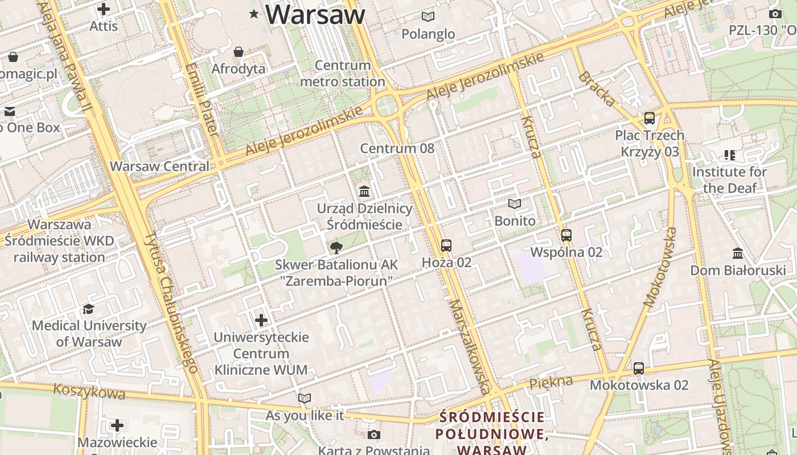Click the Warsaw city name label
[x=315, y=15]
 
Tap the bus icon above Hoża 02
[x=446, y=246]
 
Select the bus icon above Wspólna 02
[x=566, y=235]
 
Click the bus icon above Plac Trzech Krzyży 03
[x=649, y=118]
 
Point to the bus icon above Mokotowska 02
[x=639, y=369]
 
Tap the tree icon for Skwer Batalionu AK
[x=336, y=247]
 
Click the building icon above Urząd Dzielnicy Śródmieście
[x=364, y=191]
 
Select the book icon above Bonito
[x=515, y=204]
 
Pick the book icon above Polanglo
[x=428, y=17]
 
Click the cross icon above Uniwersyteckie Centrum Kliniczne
[x=261, y=320]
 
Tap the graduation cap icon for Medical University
[x=88, y=309]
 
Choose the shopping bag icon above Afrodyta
[x=239, y=52]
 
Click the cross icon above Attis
[x=104, y=9]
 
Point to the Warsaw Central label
[x=159, y=167]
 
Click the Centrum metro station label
[x=343, y=73]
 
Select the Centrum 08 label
[x=397, y=149]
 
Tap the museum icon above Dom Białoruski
[x=738, y=253]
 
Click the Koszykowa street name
[x=89, y=391]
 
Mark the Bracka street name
[x=597, y=89]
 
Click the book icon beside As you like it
[x=305, y=399]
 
